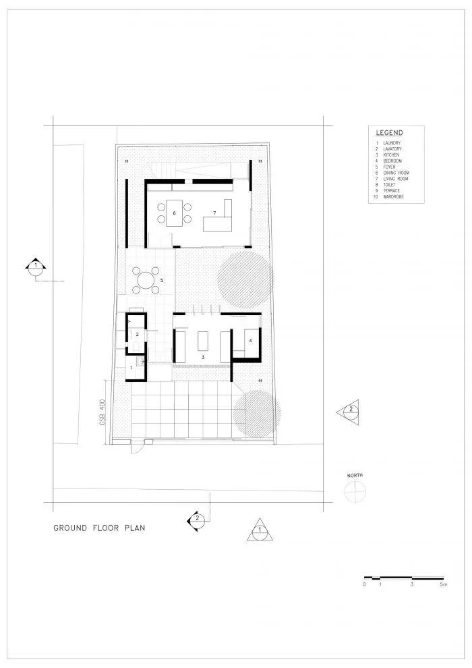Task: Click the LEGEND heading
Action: point(389,133)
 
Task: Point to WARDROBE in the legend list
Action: point(394,196)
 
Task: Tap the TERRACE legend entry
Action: point(392,190)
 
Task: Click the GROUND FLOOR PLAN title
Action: point(99,528)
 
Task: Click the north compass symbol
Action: point(354,493)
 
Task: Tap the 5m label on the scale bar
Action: point(442,585)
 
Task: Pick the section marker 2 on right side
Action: point(351,410)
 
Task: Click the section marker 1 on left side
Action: point(35,266)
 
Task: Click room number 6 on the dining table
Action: point(174,213)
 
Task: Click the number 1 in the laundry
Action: point(131,368)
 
